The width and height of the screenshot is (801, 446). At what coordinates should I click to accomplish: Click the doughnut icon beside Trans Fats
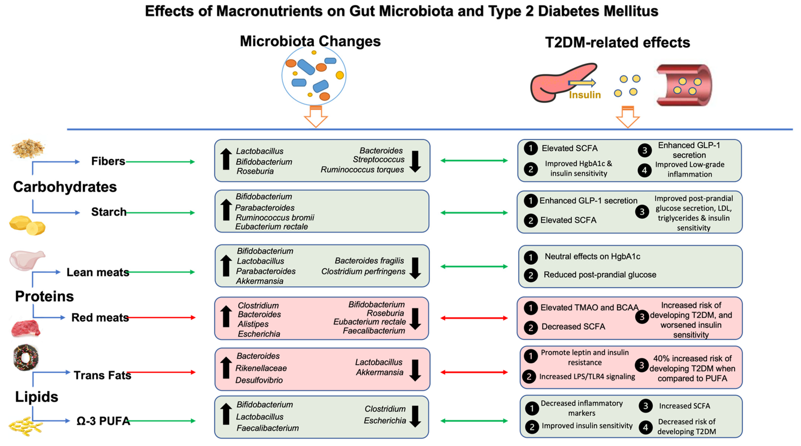pyautogui.click(x=26, y=357)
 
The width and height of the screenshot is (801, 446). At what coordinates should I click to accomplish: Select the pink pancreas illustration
pyautogui.click(x=557, y=83)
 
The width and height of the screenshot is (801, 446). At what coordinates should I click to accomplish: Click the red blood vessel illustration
pyautogui.click(x=684, y=85)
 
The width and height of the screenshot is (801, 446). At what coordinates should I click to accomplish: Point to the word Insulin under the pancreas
pyautogui.click(x=585, y=95)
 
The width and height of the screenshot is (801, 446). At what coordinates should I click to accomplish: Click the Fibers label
pyautogui.click(x=108, y=161)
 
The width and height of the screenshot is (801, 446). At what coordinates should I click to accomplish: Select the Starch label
pyautogui.click(x=109, y=212)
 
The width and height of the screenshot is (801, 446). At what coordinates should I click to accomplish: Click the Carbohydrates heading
pyautogui.click(x=65, y=187)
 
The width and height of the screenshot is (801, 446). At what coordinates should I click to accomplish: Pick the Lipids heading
pyautogui.click(x=37, y=397)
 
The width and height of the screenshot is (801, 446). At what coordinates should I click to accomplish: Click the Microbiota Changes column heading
pyautogui.click(x=310, y=41)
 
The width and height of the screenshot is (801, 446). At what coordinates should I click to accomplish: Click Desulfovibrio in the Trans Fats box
pyautogui.click(x=259, y=380)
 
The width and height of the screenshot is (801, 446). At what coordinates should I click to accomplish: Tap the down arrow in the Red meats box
pyautogui.click(x=415, y=319)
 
